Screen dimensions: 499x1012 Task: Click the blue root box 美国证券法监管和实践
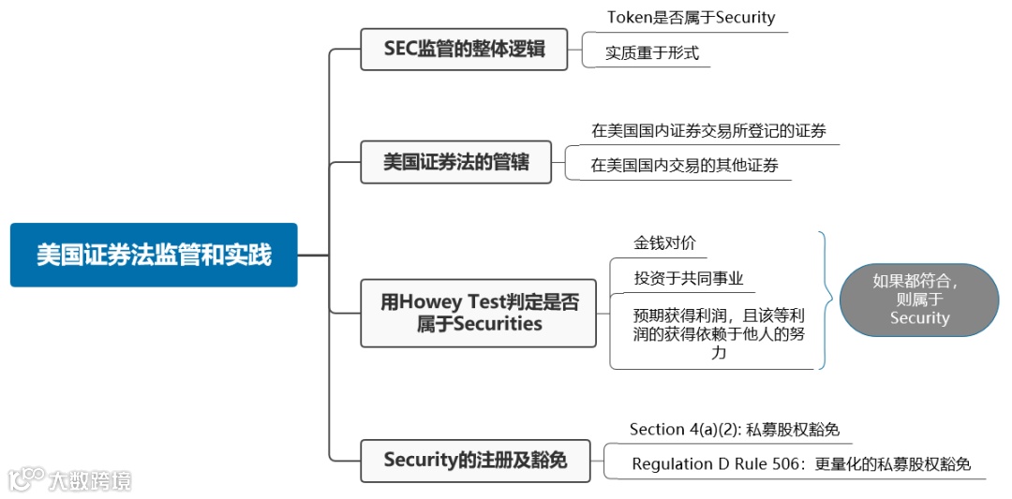154,255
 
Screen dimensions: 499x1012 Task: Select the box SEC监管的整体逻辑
464,49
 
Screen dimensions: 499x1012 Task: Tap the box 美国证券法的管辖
456,162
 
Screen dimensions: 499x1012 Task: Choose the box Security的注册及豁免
475,461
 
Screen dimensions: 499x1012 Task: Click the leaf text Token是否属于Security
691,17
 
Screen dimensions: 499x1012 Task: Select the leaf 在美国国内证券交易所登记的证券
708,130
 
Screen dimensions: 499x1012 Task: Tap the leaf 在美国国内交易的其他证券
684,166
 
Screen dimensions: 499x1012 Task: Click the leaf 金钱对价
664,242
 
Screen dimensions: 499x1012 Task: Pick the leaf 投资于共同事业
688,278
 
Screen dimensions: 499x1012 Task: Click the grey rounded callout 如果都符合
918,299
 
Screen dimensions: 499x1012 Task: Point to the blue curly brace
826,300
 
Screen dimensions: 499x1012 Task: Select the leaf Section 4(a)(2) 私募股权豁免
734,430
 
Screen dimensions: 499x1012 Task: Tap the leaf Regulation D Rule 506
801,463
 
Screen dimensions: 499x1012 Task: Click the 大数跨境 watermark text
90,480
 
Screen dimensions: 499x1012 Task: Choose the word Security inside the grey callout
919,318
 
